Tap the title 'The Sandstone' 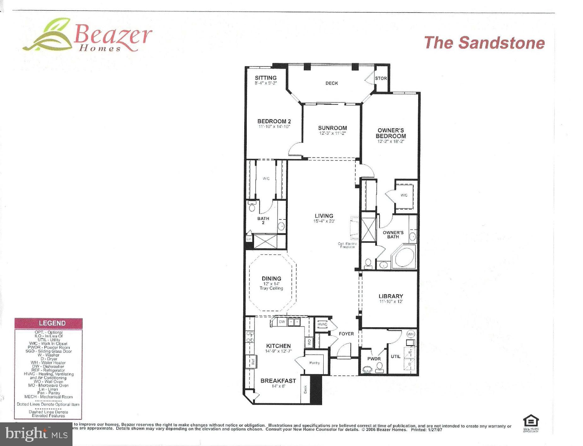484,43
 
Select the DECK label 332,83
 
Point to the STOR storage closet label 381,78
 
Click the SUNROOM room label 332,128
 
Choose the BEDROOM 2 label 274,121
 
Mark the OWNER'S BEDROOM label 391,133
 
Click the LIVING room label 324,216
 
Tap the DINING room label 271,279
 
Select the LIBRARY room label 391,296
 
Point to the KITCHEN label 278,346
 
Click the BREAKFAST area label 278,381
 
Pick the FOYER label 346,334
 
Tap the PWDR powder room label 374,359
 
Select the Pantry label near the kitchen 315,363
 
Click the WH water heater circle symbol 411,334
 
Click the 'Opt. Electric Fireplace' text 348,245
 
